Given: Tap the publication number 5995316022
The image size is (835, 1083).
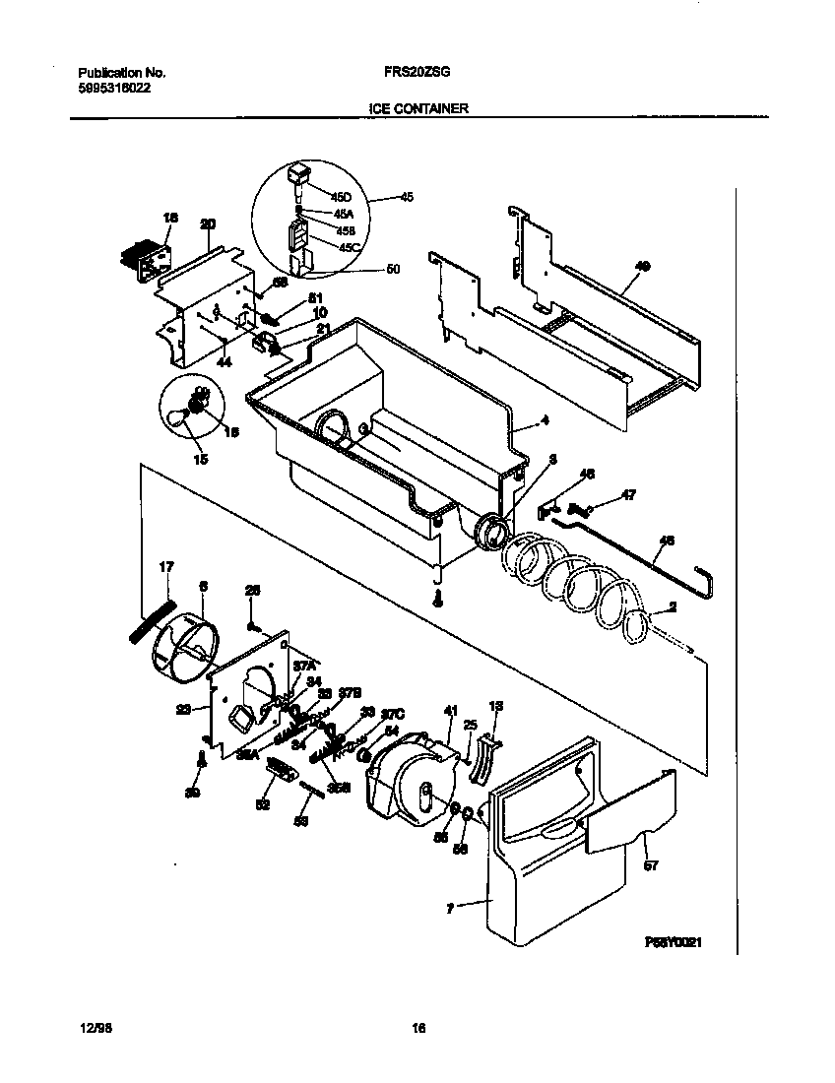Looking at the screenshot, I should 114,88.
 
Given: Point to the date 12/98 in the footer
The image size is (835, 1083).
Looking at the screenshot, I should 92,1029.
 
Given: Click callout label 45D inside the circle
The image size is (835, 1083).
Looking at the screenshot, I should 341,197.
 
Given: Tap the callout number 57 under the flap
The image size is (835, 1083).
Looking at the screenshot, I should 650,866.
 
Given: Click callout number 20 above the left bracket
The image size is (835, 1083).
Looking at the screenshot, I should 207,224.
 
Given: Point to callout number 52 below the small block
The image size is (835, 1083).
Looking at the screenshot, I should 262,804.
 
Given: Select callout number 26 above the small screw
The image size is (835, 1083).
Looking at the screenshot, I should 252,590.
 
